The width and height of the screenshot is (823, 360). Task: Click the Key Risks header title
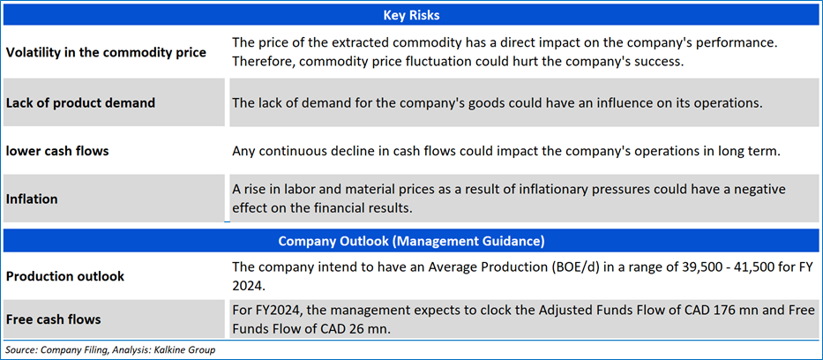(x=411, y=15)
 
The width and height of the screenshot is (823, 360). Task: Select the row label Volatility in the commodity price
(x=106, y=52)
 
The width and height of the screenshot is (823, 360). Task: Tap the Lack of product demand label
(x=80, y=103)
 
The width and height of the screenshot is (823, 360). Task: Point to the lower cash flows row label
(x=57, y=152)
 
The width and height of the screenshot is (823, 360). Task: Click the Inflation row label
(x=32, y=199)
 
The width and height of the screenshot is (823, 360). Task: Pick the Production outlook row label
(x=65, y=276)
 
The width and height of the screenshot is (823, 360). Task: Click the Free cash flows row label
(x=54, y=319)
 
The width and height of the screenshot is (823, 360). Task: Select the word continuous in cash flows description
(x=292, y=152)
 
